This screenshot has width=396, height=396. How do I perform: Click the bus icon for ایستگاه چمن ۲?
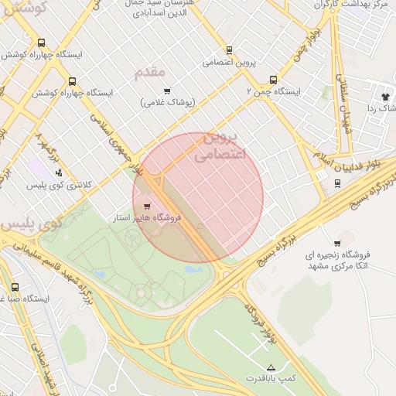coord(272,80)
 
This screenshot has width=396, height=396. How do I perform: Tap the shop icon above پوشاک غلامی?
coord(167,91)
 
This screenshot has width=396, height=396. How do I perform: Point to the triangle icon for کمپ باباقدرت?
coord(271,367)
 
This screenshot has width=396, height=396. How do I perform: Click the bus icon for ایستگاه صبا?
coord(15,287)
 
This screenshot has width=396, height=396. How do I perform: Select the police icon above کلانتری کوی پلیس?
coord(59,173)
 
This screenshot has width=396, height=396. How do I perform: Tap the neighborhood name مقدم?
coord(150,72)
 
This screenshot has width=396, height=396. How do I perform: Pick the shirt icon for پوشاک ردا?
coord(384,96)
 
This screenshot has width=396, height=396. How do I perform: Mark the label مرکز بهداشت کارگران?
coord(356,5)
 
